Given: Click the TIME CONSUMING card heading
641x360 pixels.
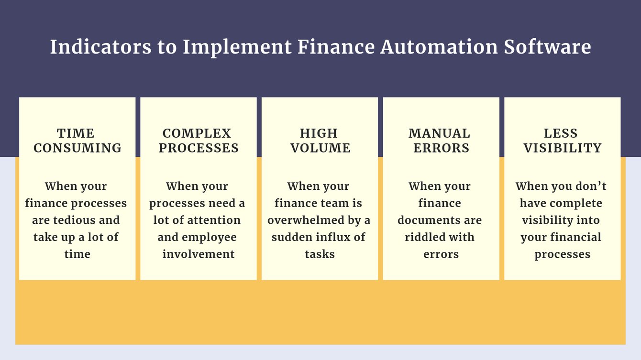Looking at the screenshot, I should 77,141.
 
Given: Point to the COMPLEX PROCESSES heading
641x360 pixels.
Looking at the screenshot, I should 199,141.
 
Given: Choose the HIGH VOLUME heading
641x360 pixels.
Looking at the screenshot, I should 320,141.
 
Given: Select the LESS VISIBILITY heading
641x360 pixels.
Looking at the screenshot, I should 562,141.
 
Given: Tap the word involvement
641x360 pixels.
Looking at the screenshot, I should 199,254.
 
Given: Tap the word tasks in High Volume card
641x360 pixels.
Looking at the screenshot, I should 320,254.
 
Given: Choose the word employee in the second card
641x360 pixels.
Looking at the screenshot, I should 210,238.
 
